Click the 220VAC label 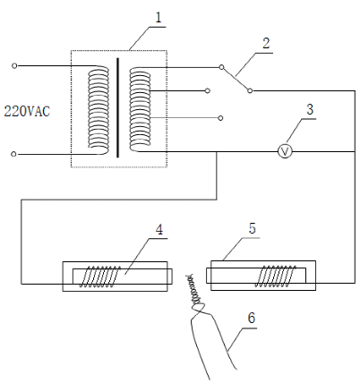point(27,112)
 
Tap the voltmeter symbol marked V point(285,152)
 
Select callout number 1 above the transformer point(158,17)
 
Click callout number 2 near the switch point(266,43)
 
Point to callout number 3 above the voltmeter point(310,109)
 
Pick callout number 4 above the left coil point(159,230)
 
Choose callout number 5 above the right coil point(253,228)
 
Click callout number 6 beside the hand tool point(252,318)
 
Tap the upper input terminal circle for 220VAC point(14,65)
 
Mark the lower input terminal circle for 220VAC point(13,154)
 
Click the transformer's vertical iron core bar point(117,107)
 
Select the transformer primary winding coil point(99,110)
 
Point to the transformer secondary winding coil point(140,109)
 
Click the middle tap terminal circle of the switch point(208,90)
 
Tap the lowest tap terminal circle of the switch point(220,118)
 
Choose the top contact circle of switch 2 point(221,67)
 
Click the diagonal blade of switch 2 point(236,79)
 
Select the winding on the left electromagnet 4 point(100,277)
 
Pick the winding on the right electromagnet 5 point(276,277)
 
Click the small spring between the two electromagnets point(194,290)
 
